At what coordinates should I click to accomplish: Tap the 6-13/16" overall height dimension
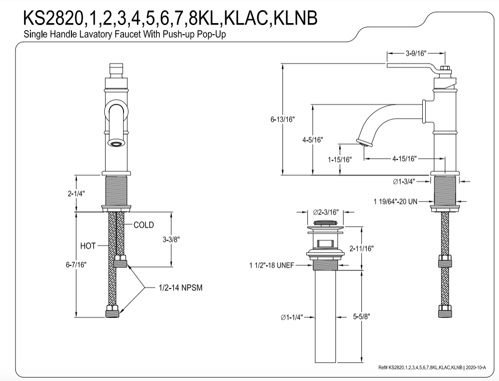pyautogui.click(x=282, y=119)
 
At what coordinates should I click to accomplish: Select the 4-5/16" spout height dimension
pyautogui.click(x=313, y=140)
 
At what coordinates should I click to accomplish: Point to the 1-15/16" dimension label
pyautogui.click(x=340, y=159)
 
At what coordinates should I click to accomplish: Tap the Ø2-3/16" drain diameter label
pyautogui.click(x=326, y=212)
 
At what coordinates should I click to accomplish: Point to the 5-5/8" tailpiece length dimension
pyautogui.click(x=361, y=317)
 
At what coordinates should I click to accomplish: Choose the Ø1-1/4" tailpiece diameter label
pyautogui.click(x=292, y=317)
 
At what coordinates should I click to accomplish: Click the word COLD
pyautogui.click(x=144, y=225)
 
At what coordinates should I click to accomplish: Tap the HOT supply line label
pyautogui.click(x=88, y=246)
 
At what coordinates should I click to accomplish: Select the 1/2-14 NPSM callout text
pyautogui.click(x=180, y=288)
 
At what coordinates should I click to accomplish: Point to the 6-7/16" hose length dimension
pyautogui.click(x=77, y=264)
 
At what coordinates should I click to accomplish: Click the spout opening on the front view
pyautogui.click(x=116, y=143)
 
